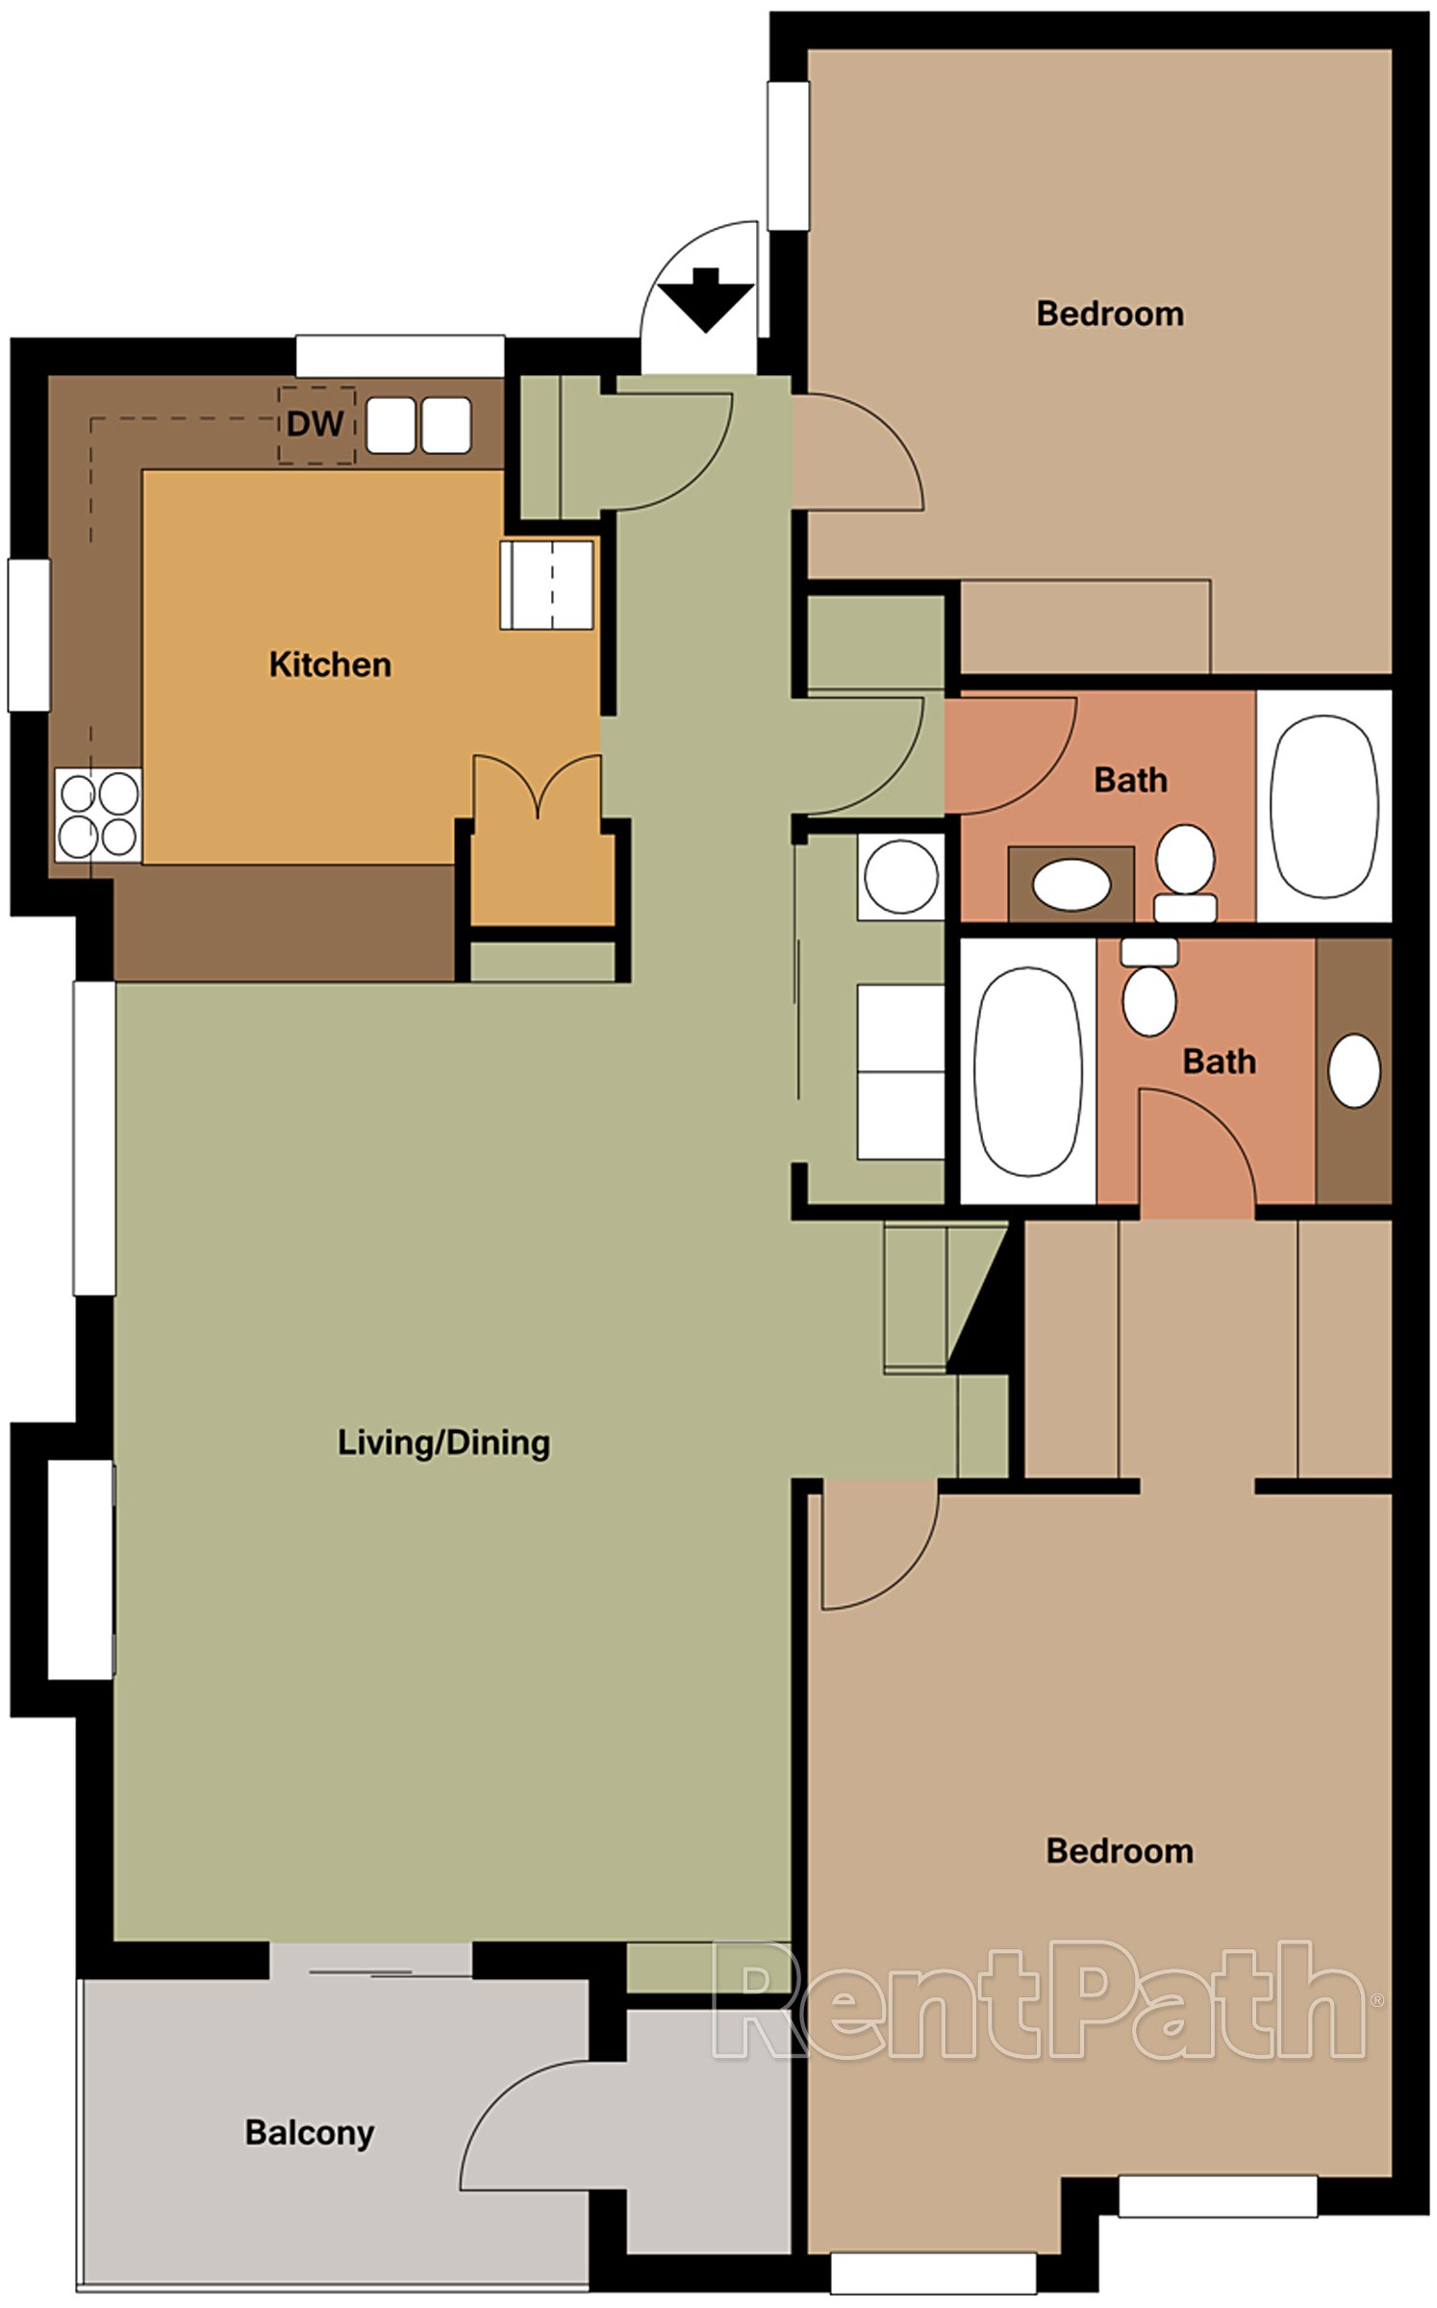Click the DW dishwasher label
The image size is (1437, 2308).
pyautogui.click(x=315, y=424)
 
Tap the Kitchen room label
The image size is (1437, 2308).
pyautogui.click(x=330, y=665)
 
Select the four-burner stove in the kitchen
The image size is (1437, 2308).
pyautogui.click(x=98, y=815)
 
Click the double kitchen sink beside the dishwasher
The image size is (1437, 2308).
pyautogui.click(x=418, y=425)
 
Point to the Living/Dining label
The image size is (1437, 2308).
pyautogui.click(x=443, y=1442)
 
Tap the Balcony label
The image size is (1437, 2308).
pyautogui.click(x=309, y=2132)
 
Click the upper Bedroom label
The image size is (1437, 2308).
pyautogui.click(x=1109, y=314)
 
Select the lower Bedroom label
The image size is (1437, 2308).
pyautogui.click(x=1119, y=1851)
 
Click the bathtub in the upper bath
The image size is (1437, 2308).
pyautogui.click(x=1324, y=806)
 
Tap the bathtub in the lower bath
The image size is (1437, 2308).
pyautogui.click(x=1027, y=1071)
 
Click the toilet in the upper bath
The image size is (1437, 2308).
pyautogui.click(x=1185, y=869)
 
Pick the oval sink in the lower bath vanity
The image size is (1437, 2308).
pyautogui.click(x=1353, y=1070)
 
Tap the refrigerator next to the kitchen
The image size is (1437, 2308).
pyautogui.click(x=546, y=585)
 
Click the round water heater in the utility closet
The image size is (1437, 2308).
pyautogui.click(x=900, y=877)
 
